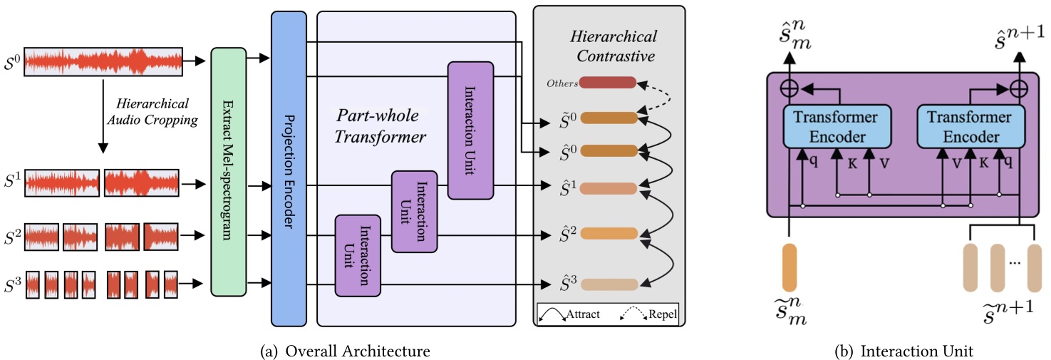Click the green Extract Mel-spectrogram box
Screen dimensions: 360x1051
coord(228,171)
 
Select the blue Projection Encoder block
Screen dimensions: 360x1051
coord(289,171)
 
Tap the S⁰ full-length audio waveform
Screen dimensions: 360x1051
coord(105,62)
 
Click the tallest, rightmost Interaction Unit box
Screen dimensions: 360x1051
coord(470,130)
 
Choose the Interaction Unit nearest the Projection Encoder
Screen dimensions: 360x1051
coord(358,254)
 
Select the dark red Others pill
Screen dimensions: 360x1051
coord(608,83)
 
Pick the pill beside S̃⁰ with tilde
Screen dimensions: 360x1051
coord(608,118)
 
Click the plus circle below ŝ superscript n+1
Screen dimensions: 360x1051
coord(1020,89)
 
